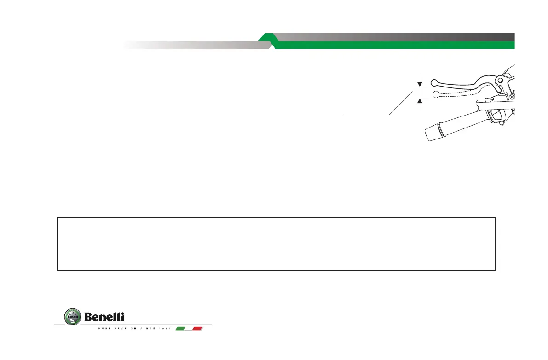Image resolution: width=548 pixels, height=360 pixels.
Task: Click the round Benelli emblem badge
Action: coord(71,317)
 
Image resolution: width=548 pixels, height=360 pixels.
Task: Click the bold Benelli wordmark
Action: coord(104,317)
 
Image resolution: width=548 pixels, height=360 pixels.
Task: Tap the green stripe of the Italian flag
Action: coord(181,329)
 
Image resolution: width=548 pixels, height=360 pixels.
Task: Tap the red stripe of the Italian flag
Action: coord(198,329)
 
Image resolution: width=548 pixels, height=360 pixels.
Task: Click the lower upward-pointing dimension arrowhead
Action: coord(420,101)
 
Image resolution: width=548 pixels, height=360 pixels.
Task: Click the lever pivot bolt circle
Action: coord(499,81)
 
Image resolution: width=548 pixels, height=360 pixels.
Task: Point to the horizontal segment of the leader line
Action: coord(366,114)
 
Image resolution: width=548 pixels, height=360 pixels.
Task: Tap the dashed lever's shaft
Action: coord(460,93)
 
